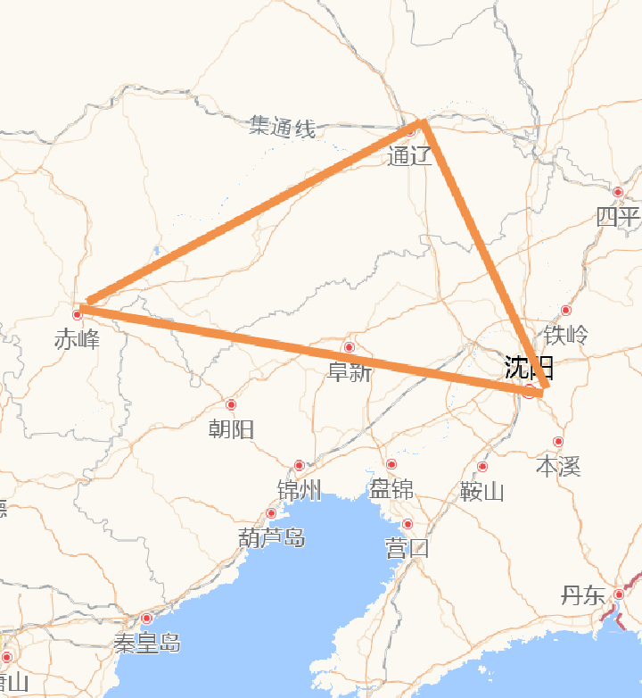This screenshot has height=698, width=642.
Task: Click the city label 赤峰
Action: pos(77,340)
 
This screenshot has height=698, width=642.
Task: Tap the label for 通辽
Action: pos(410,156)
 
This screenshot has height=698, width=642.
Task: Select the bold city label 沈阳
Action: pos(529,367)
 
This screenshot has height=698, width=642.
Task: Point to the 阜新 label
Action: pos(349,372)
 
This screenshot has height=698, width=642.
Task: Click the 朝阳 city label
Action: pos(231,429)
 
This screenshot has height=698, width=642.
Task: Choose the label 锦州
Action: pos(299,490)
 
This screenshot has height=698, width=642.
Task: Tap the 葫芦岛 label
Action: pos(271,537)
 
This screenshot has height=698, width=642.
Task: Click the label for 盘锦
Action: pos(391,489)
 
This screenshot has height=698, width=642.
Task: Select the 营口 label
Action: pos(407,548)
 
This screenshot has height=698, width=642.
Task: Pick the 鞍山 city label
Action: pos(482,491)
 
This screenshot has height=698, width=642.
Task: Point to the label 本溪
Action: pos(558,466)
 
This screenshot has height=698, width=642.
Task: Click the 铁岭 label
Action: pos(566,335)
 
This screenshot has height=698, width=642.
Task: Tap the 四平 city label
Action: pos(618,217)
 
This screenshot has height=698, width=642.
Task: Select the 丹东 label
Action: pos(583,596)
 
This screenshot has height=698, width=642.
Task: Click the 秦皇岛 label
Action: pos(147,643)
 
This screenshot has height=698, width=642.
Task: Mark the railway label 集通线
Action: pos(283,127)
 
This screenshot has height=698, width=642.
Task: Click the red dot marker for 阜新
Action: pos(349,347)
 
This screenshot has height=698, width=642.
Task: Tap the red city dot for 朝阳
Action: pos(231,405)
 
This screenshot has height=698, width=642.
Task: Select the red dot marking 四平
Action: pos(618,192)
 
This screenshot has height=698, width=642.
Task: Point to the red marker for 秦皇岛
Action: pos(147,619)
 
